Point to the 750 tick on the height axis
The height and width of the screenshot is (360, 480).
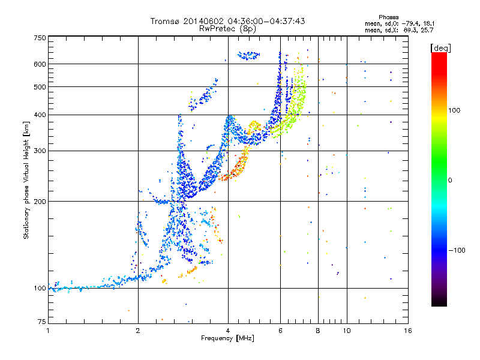click(x=40, y=38)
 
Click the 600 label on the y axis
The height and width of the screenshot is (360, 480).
click(x=40, y=64)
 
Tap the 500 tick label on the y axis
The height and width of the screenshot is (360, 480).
click(x=40, y=87)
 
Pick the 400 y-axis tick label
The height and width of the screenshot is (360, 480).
click(x=40, y=115)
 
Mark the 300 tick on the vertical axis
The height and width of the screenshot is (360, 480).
click(x=40, y=151)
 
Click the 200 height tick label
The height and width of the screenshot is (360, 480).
click(x=40, y=202)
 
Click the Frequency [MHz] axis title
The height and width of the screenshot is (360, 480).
click(x=227, y=338)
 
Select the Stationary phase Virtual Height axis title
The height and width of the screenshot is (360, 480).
click(x=26, y=180)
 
